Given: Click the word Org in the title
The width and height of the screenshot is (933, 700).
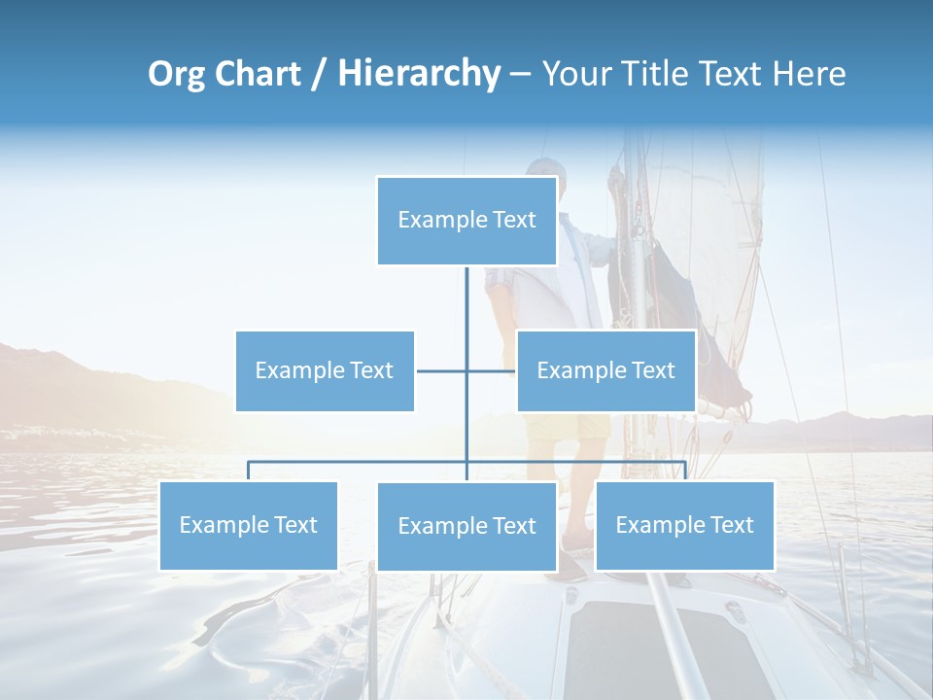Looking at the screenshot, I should (176, 74).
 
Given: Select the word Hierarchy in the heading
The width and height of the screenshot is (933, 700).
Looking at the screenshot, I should (419, 74).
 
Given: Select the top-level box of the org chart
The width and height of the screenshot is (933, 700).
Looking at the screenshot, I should (466, 221).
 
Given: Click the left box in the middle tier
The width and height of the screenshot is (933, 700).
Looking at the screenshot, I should (325, 370).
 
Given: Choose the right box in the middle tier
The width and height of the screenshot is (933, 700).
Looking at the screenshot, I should (605, 370).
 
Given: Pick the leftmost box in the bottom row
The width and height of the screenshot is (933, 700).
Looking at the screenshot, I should (248, 525).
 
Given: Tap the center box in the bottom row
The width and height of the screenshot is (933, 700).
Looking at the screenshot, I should (466, 526).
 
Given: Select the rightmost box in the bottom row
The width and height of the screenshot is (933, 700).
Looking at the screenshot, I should (684, 525).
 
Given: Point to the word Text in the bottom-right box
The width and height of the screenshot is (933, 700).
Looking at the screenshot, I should (732, 525).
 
